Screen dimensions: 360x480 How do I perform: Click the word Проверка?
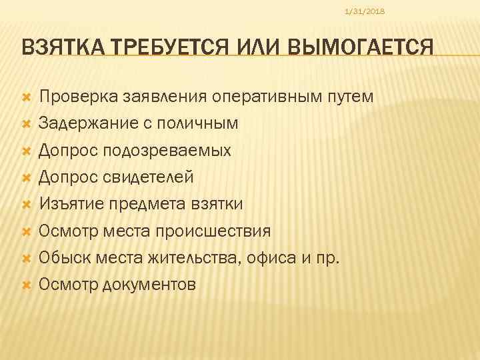pos(77,97)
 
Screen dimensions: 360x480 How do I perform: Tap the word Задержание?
pos(85,123)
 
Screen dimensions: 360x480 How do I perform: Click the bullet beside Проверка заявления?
pos(26,98)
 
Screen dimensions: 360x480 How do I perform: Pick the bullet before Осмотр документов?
pos(26,285)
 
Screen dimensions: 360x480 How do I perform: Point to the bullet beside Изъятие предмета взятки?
pos(26,204)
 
